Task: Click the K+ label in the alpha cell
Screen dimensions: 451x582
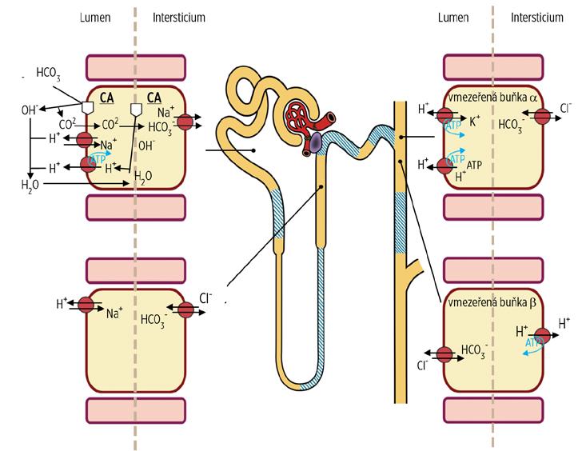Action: point(475,122)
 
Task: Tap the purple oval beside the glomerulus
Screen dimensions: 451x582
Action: point(317,143)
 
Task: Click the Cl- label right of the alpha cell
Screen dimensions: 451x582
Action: point(566,107)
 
